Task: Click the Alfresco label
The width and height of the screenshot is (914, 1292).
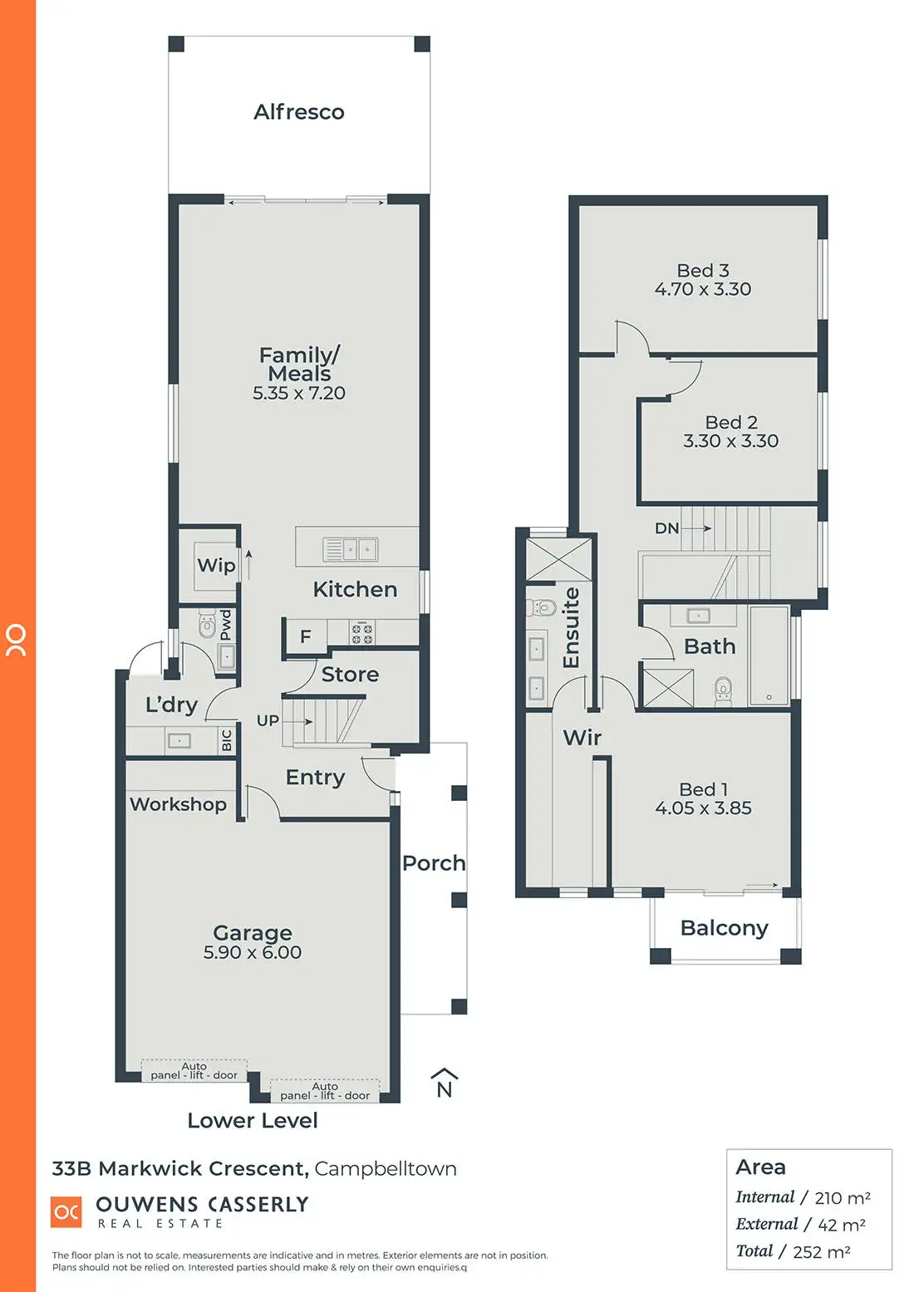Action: point(298,112)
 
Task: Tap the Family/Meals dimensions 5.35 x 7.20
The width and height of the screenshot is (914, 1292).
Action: point(299,394)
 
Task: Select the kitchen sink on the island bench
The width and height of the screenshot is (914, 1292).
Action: point(350,549)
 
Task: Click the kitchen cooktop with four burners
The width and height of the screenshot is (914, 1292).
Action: point(361,634)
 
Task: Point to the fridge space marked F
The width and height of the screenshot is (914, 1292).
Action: point(305,636)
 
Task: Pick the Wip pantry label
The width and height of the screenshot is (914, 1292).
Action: point(216,565)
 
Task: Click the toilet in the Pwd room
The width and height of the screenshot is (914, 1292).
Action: point(207,624)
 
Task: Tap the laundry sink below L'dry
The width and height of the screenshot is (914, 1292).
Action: point(179,740)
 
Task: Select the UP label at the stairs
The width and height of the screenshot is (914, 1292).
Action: point(268,720)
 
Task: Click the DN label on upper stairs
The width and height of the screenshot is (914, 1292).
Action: point(666,528)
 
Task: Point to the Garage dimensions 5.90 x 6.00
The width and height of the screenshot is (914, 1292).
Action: point(253,953)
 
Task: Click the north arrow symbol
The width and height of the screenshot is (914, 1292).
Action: point(445,1083)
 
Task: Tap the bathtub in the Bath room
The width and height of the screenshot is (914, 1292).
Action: point(769,656)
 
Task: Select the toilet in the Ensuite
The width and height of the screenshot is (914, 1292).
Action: point(543,607)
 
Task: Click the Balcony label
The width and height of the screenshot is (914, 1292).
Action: point(724,928)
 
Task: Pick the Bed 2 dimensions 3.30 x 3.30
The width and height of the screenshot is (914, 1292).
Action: point(730,441)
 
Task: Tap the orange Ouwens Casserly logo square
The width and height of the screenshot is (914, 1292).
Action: point(66,1212)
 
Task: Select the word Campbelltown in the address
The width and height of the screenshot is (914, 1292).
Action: point(386,1169)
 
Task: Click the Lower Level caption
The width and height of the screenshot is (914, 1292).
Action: point(253,1121)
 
